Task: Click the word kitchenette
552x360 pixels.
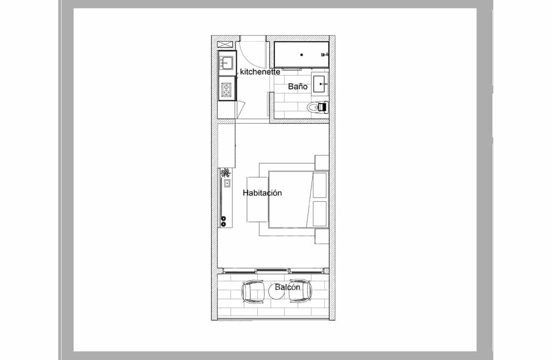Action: (260, 72)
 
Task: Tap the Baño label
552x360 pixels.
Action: (298, 86)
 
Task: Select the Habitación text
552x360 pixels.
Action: (262, 193)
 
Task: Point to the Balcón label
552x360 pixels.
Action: (288, 287)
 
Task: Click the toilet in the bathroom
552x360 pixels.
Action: (317, 107)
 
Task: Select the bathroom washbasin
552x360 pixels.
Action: (320, 84)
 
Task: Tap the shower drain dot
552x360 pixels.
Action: (302, 55)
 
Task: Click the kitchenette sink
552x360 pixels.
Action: (226, 63)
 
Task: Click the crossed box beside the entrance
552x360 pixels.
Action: (225, 44)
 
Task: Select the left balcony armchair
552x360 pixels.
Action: (253, 291)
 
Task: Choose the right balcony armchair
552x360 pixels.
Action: (300, 291)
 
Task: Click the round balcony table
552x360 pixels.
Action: (276, 291)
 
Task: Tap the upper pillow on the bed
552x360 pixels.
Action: (320, 185)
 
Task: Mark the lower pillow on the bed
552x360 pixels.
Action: (320, 214)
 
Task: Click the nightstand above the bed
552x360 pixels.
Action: (322, 162)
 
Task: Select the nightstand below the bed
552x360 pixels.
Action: (322, 236)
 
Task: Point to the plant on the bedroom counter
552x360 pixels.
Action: (225, 173)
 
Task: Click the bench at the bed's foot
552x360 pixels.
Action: (257, 199)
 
